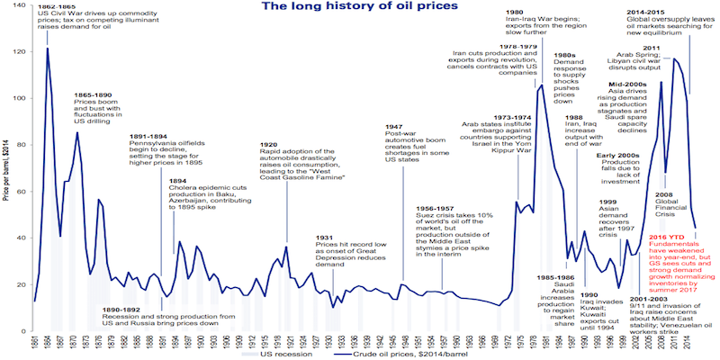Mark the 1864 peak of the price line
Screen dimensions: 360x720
(47, 49)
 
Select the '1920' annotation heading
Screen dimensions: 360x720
(267, 143)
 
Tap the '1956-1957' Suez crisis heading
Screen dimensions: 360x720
(438, 208)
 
